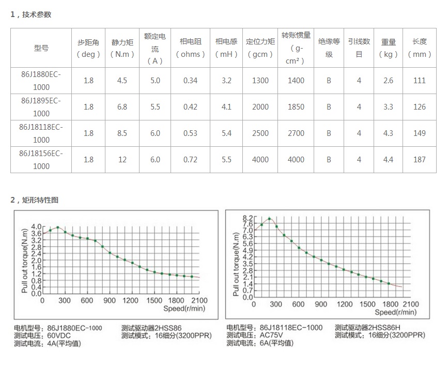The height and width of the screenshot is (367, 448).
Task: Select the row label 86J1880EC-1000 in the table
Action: [x=41, y=81]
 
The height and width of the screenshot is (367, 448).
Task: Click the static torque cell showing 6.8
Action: [x=122, y=107]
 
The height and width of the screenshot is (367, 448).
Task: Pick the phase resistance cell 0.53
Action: [x=190, y=133]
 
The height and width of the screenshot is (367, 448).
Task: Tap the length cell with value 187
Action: [x=419, y=160]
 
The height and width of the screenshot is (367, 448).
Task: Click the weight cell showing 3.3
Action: [x=388, y=107]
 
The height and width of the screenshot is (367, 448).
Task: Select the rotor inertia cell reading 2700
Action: [x=296, y=133]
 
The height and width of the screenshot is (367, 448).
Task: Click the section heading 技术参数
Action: [x=37, y=14]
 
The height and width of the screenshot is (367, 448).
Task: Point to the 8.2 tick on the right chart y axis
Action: [x=248, y=218]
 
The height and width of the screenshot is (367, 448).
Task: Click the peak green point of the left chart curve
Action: [x=57, y=227]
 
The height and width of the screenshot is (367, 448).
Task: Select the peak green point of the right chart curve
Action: [x=269, y=219]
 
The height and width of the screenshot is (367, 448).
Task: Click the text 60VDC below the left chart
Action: [x=59, y=335]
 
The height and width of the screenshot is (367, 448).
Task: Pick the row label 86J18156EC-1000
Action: [x=41, y=160]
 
